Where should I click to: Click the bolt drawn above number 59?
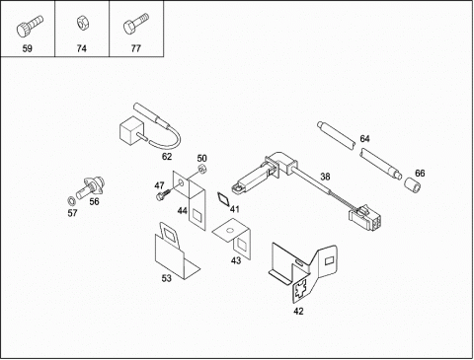point(30,26)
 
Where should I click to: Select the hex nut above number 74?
point(81,23)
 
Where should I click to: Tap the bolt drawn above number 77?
point(135,24)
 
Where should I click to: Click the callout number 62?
point(167,157)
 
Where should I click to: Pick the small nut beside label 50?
point(202,169)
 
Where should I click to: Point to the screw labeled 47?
point(164,193)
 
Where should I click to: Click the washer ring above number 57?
point(71,200)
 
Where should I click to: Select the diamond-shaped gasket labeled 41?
point(223,199)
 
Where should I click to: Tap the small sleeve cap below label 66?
point(413,185)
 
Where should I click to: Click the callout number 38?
point(325,177)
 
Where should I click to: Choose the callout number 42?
point(298,311)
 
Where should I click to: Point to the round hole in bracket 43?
point(230,230)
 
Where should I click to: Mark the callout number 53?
point(166,278)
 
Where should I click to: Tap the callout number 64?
point(364,139)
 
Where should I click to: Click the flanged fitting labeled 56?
point(91,186)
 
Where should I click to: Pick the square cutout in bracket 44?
point(197,216)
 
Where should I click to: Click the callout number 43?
point(236,260)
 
